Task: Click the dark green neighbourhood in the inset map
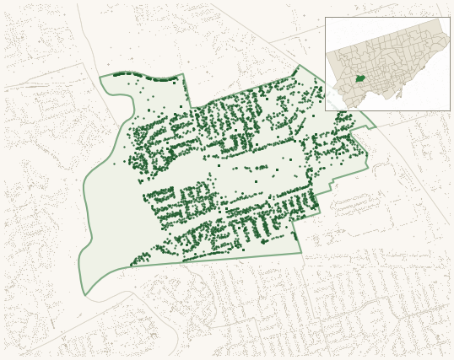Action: click(x=360, y=78)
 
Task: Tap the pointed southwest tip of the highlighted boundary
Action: click(x=84, y=295)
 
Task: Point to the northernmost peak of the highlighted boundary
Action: click(x=298, y=66)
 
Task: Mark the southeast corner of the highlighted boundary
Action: click(x=301, y=252)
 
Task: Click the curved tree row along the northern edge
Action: click(x=148, y=77)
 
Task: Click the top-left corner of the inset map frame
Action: click(x=326, y=18)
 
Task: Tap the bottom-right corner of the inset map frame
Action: click(x=450, y=110)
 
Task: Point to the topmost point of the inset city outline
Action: click(x=440, y=20)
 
